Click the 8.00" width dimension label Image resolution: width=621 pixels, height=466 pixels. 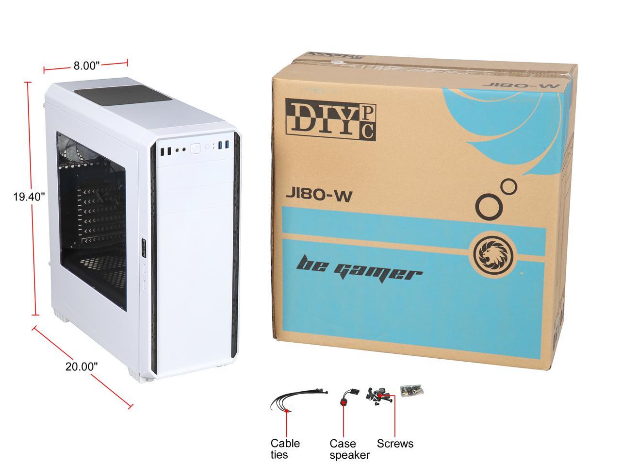pos(87,66)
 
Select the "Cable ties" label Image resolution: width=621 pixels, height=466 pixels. pos(285,449)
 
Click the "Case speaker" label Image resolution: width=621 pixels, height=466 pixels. pos(349,449)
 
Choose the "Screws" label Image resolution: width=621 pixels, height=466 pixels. pos(395,443)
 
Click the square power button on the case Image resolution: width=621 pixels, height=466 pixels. pos(196,149)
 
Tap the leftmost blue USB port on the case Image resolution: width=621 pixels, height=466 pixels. pos(220,146)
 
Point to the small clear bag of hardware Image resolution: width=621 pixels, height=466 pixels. pos(410,389)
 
